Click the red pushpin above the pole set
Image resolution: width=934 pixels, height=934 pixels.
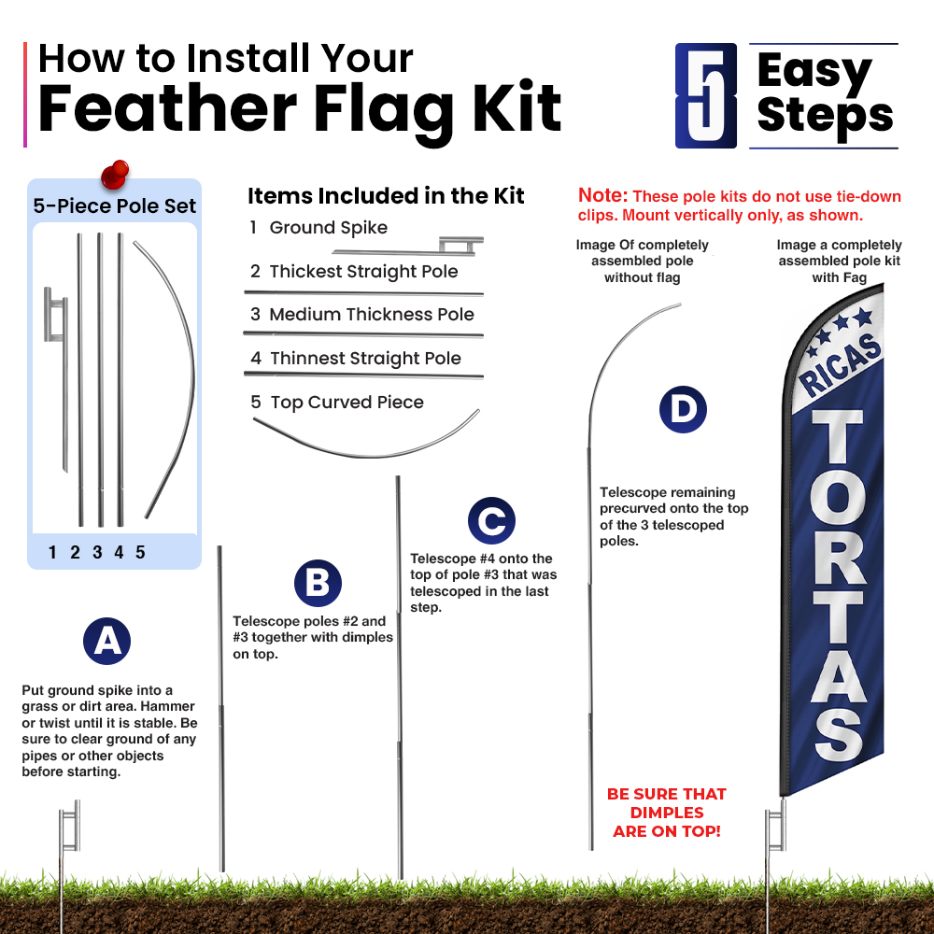pyautogui.click(x=115, y=174)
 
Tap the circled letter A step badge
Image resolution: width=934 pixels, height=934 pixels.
pyautogui.click(x=106, y=641)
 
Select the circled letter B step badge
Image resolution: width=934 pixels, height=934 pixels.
pyautogui.click(x=318, y=583)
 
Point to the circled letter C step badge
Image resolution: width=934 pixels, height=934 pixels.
pyautogui.click(x=491, y=520)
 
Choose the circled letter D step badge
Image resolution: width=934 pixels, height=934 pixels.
pyautogui.click(x=683, y=409)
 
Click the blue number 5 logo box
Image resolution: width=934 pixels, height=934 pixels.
pyautogui.click(x=706, y=95)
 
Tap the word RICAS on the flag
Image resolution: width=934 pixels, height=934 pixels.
pyautogui.click(x=841, y=364)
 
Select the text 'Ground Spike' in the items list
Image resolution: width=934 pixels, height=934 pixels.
pyautogui.click(x=328, y=228)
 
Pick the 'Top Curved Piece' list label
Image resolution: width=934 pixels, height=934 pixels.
pyautogui.click(x=347, y=402)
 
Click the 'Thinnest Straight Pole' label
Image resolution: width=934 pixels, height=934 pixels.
pyautogui.click(x=365, y=358)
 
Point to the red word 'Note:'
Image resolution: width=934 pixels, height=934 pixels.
pyautogui.click(x=602, y=195)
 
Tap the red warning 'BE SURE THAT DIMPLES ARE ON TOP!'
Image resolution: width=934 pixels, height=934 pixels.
pyautogui.click(x=667, y=813)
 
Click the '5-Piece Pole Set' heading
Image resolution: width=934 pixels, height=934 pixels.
pyautogui.click(x=114, y=206)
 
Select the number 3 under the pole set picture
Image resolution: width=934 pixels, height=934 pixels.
pyautogui.click(x=97, y=552)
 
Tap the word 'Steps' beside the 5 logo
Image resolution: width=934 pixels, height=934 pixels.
pyautogui.click(x=825, y=116)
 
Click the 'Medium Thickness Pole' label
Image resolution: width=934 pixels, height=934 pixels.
pyautogui.click(x=372, y=314)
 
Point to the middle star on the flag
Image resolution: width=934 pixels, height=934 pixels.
pyautogui.click(x=841, y=323)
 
